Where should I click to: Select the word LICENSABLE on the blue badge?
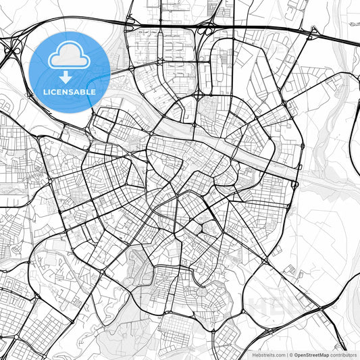click(70, 91)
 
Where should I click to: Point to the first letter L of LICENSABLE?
click(45, 91)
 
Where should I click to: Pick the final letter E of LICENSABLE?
click(94, 91)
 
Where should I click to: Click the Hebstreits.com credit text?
click(267, 354)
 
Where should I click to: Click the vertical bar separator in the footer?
click(286, 354)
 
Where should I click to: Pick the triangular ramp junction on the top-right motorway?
click(313, 32)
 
